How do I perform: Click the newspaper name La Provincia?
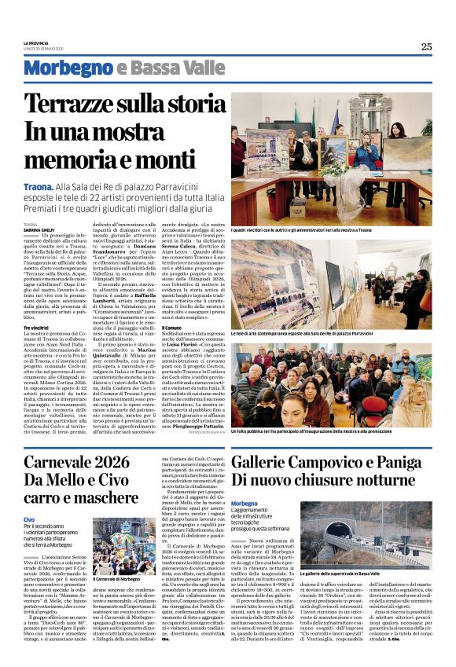click(35, 43)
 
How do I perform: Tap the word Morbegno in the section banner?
click(68, 69)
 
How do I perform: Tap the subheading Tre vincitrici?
click(38, 327)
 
